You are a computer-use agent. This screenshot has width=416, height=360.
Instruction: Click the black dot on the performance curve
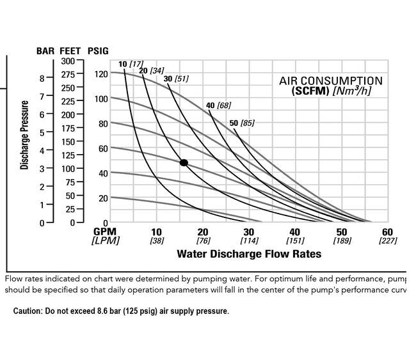(x=184, y=163)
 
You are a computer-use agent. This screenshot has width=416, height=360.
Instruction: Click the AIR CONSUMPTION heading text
(x=330, y=81)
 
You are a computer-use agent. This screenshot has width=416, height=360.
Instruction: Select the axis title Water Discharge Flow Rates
(x=248, y=254)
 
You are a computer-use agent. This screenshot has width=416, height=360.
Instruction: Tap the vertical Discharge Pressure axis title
(x=25, y=135)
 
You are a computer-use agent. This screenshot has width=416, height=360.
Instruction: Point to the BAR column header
(x=45, y=51)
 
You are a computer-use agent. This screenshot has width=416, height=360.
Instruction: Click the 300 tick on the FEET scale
(x=68, y=61)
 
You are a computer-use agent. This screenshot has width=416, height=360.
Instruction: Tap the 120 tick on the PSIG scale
(x=100, y=74)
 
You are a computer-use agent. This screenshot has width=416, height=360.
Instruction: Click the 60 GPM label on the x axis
(x=387, y=232)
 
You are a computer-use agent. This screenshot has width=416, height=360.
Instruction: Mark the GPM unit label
(x=104, y=232)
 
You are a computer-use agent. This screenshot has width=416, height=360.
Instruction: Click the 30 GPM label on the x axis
(x=249, y=232)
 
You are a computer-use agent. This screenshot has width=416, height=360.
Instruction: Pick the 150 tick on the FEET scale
(x=68, y=142)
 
